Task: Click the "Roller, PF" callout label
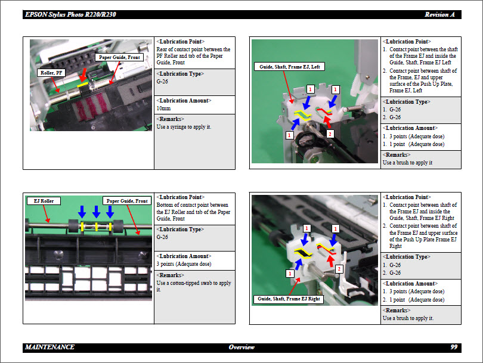51,73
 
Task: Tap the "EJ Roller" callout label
44,201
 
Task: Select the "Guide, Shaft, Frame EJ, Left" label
289,67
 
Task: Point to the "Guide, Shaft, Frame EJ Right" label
289,299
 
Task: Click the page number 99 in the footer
454,347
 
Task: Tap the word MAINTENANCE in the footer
49,347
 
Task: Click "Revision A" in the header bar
439,14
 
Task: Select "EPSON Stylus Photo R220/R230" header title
70,14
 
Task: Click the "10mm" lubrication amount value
163,108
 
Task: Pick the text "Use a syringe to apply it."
184,127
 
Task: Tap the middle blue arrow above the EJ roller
96,212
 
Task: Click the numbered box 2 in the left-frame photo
330,134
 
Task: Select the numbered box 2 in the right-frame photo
339,269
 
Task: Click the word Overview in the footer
241,347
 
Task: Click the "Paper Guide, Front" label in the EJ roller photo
127,201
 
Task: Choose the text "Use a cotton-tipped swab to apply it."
194,286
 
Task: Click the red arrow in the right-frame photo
330,261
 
